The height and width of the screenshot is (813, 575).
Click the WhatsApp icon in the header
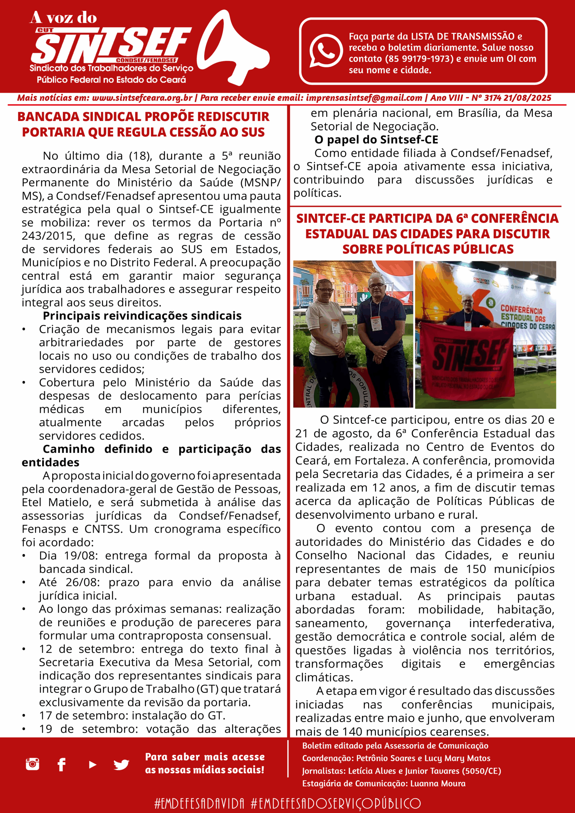(326, 50)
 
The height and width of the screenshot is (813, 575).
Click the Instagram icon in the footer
(33, 764)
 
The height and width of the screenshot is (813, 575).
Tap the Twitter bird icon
(121, 765)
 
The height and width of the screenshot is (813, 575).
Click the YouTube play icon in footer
(92, 765)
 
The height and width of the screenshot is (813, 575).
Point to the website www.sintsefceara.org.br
(142, 98)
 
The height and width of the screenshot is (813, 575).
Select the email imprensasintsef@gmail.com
(364, 98)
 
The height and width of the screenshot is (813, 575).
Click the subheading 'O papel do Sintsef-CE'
(376, 140)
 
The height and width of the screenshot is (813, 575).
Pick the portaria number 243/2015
(48, 236)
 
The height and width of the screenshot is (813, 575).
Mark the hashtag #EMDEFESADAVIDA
(199, 803)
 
